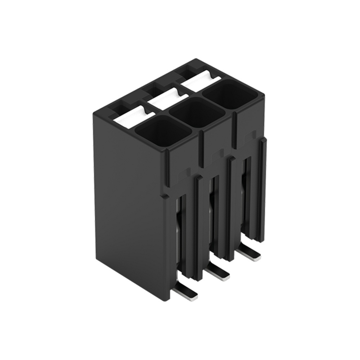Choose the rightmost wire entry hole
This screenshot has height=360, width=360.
[230, 94]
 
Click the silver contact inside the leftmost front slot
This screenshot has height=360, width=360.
[177, 230]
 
